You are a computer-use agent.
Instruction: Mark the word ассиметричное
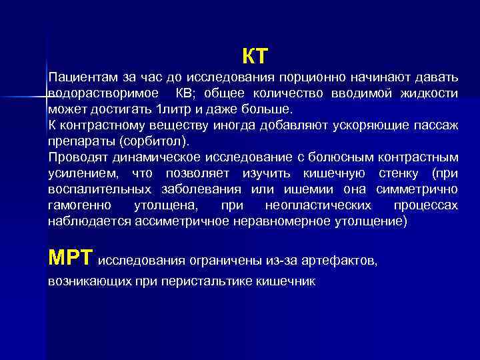[x=179, y=222]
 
